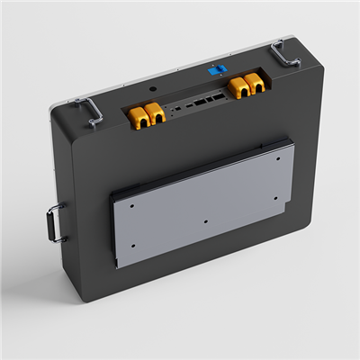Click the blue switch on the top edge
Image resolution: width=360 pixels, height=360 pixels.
pyautogui.click(x=214, y=68)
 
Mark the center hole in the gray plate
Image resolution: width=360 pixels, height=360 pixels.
pyautogui.click(x=206, y=221)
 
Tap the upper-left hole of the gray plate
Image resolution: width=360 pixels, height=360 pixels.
pyautogui.click(x=131, y=204)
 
